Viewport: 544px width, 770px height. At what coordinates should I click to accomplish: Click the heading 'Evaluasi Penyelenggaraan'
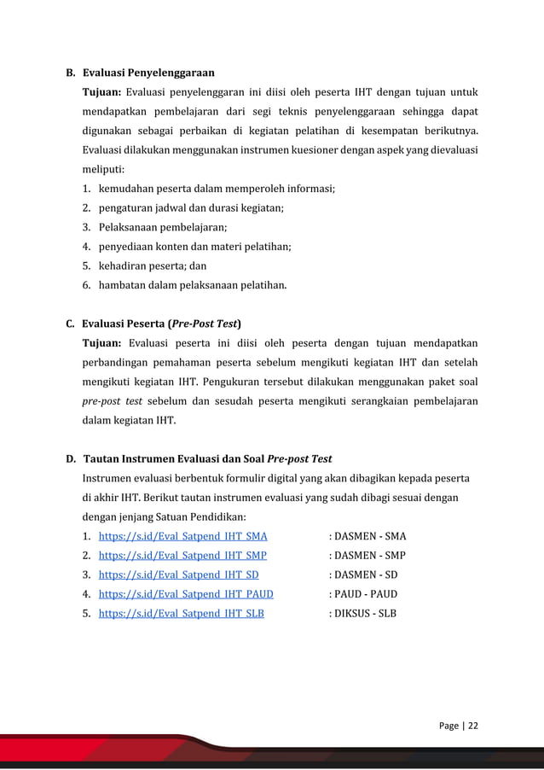click(148, 72)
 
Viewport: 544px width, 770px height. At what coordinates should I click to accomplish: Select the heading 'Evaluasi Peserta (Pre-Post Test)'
click(161, 324)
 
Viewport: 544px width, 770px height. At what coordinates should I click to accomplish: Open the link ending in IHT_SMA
click(182, 537)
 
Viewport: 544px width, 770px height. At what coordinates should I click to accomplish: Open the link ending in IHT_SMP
click(182, 556)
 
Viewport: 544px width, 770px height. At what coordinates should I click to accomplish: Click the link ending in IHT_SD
click(178, 575)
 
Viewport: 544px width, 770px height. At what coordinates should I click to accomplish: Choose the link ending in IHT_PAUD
click(186, 594)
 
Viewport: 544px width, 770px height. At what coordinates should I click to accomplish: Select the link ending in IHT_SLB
click(181, 613)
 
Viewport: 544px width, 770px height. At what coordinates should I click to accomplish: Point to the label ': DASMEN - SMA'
click(367, 537)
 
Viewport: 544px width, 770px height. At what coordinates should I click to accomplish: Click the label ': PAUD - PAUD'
click(363, 594)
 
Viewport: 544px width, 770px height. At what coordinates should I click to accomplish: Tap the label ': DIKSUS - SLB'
click(362, 613)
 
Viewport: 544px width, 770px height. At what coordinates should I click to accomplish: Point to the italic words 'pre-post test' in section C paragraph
click(112, 400)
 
